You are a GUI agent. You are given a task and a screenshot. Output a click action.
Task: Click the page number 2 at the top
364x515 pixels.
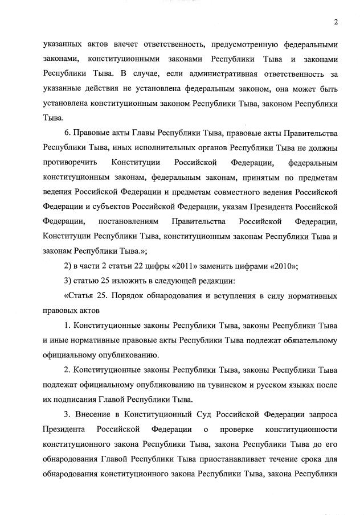pos(336,22)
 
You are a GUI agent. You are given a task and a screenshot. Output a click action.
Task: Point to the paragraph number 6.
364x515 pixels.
pos(67,134)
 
